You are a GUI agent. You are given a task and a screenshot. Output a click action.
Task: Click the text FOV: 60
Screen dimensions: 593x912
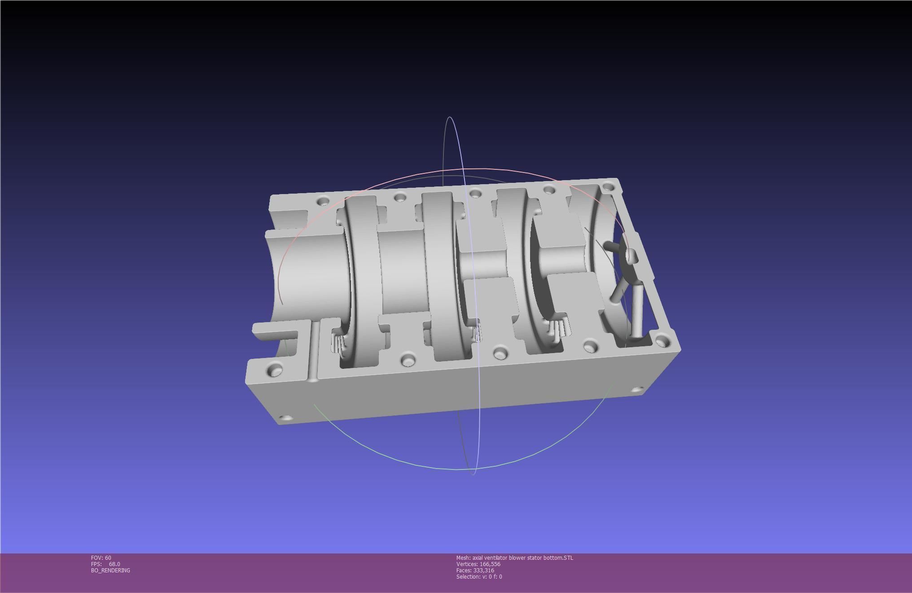coord(101,558)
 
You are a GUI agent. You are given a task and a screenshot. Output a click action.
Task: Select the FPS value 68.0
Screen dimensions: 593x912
coord(114,564)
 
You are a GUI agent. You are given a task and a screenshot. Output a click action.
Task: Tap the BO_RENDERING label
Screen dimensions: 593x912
coord(110,570)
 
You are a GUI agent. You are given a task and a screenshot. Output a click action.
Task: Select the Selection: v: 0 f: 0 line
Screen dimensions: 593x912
coord(479,576)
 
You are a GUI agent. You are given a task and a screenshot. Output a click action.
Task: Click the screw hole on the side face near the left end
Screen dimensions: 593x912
coord(285,418)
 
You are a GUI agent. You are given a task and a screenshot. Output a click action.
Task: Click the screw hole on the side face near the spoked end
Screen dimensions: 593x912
coord(637,389)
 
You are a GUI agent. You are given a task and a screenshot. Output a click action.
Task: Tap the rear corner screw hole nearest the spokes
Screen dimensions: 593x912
coord(608,186)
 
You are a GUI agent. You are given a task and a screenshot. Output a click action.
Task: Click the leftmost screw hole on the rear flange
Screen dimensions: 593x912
coord(322,201)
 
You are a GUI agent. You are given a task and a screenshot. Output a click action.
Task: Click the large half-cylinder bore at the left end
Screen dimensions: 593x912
coord(310,274)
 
